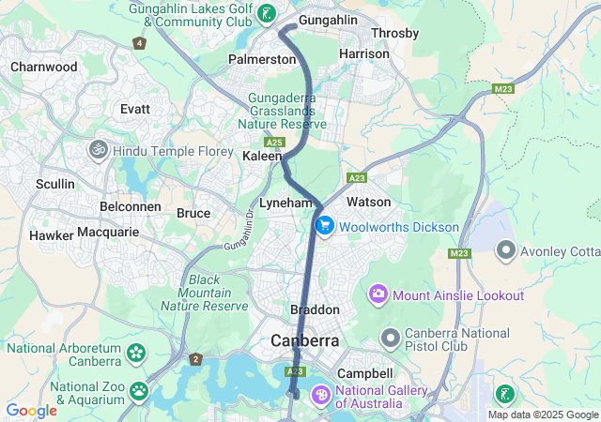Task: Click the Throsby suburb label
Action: click(x=395, y=33)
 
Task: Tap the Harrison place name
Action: click(x=363, y=53)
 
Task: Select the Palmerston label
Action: click(x=262, y=59)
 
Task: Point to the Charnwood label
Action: click(x=43, y=67)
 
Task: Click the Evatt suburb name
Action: click(x=135, y=109)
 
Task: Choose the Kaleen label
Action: click(x=262, y=156)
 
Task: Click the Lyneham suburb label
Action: click(x=285, y=203)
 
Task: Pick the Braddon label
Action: click(x=314, y=309)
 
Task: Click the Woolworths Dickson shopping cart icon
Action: click(x=325, y=227)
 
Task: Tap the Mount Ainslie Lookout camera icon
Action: click(x=379, y=295)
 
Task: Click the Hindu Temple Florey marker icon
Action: click(x=98, y=150)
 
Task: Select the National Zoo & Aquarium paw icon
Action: click(x=139, y=390)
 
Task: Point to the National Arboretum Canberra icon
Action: click(x=137, y=354)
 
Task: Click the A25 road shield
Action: click(x=274, y=142)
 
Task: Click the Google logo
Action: click(x=31, y=411)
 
